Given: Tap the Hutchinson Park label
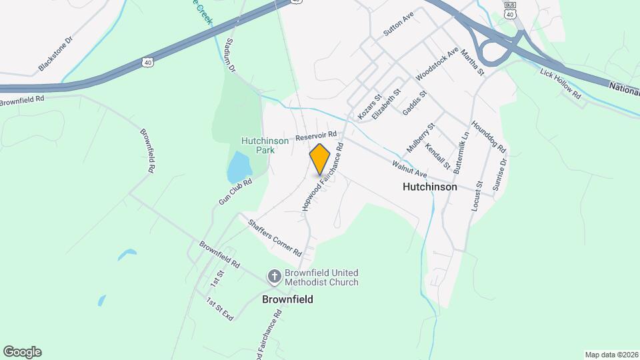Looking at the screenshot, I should (x=265, y=145).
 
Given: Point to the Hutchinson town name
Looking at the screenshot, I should (x=430, y=187).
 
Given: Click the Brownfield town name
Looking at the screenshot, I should (x=287, y=299).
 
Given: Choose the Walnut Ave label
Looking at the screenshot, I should (x=409, y=168).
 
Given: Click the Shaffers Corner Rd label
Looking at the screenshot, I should (x=275, y=238).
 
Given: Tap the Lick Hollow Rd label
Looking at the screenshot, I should (x=561, y=84).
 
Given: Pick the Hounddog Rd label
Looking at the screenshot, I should (x=489, y=136).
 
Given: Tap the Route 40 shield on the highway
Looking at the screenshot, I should (x=147, y=63).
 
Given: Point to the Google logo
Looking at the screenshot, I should (x=22, y=352).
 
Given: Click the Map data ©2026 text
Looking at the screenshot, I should (x=611, y=355).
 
